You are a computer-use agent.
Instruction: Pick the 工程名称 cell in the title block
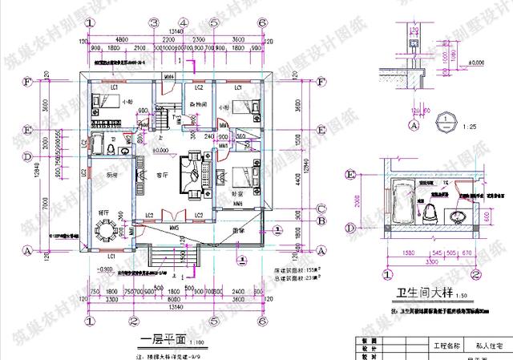[x=447, y=346]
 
